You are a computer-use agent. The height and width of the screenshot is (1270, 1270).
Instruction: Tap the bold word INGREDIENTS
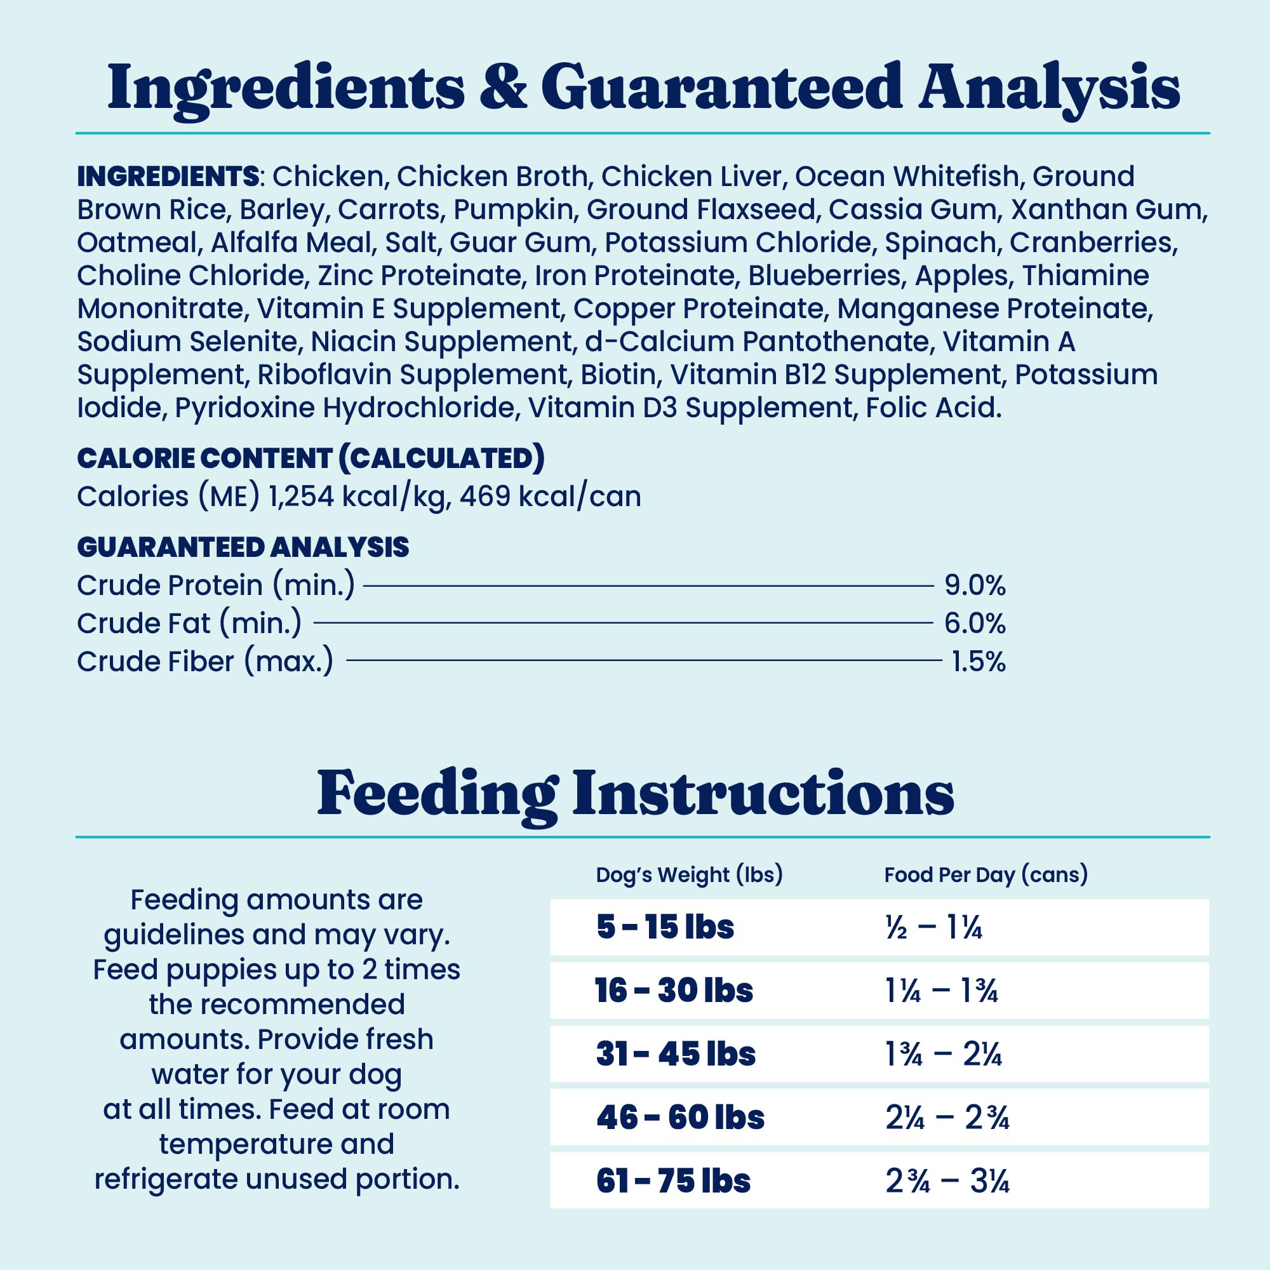[x=168, y=176]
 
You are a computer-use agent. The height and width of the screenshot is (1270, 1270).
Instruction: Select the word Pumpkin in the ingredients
[x=513, y=210]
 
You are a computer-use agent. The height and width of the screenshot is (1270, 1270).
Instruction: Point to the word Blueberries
[x=824, y=276]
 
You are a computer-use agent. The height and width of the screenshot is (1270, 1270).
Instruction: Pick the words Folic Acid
[x=933, y=408]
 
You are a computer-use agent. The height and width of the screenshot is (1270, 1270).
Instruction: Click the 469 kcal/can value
[x=549, y=497]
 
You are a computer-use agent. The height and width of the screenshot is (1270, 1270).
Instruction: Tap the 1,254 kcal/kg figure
[x=358, y=497]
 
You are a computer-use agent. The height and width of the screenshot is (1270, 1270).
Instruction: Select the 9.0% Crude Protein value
[x=974, y=585]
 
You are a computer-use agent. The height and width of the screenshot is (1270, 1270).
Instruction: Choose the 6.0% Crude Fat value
[x=974, y=623]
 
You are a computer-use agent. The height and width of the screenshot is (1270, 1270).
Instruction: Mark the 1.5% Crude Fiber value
[x=978, y=661]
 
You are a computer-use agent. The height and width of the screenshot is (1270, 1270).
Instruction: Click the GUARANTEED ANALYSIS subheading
[x=243, y=547]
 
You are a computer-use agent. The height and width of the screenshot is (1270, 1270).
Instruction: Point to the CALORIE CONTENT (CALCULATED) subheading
[x=311, y=458]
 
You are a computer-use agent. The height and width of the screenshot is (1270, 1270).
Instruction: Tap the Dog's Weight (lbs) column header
[x=689, y=874]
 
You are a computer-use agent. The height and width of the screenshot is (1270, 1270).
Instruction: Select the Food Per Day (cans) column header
[x=986, y=874]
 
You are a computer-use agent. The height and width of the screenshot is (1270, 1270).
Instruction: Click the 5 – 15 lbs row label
[x=665, y=927]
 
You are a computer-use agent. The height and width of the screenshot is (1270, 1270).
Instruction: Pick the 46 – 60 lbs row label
[x=680, y=1118]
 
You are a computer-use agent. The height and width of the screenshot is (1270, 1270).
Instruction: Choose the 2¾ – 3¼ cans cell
[x=947, y=1180]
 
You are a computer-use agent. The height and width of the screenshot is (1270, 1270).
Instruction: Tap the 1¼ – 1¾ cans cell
[x=941, y=991]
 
